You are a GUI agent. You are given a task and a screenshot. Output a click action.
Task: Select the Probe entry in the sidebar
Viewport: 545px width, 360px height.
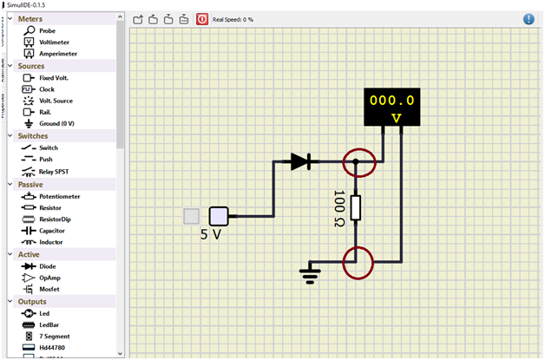coord(47,30)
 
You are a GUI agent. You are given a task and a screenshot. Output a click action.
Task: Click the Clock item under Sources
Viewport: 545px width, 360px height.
coord(47,89)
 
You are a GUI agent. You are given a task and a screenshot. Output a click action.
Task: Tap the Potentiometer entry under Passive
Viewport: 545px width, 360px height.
coord(59,196)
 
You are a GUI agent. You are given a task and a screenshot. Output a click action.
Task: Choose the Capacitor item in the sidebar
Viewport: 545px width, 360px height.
coord(55,231)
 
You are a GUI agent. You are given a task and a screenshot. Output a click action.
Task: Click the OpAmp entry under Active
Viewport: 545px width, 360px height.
coord(49,278)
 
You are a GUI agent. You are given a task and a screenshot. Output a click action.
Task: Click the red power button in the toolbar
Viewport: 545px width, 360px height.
coord(201,18)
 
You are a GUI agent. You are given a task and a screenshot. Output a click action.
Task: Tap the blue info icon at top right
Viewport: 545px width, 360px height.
coord(529,18)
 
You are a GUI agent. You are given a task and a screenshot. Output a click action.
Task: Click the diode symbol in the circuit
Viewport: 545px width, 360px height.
coord(301,161)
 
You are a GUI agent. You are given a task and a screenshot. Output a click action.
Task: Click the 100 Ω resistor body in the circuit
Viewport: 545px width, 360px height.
coord(356,208)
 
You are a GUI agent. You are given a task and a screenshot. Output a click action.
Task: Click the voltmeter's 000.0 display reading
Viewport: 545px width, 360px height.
coord(391,100)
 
